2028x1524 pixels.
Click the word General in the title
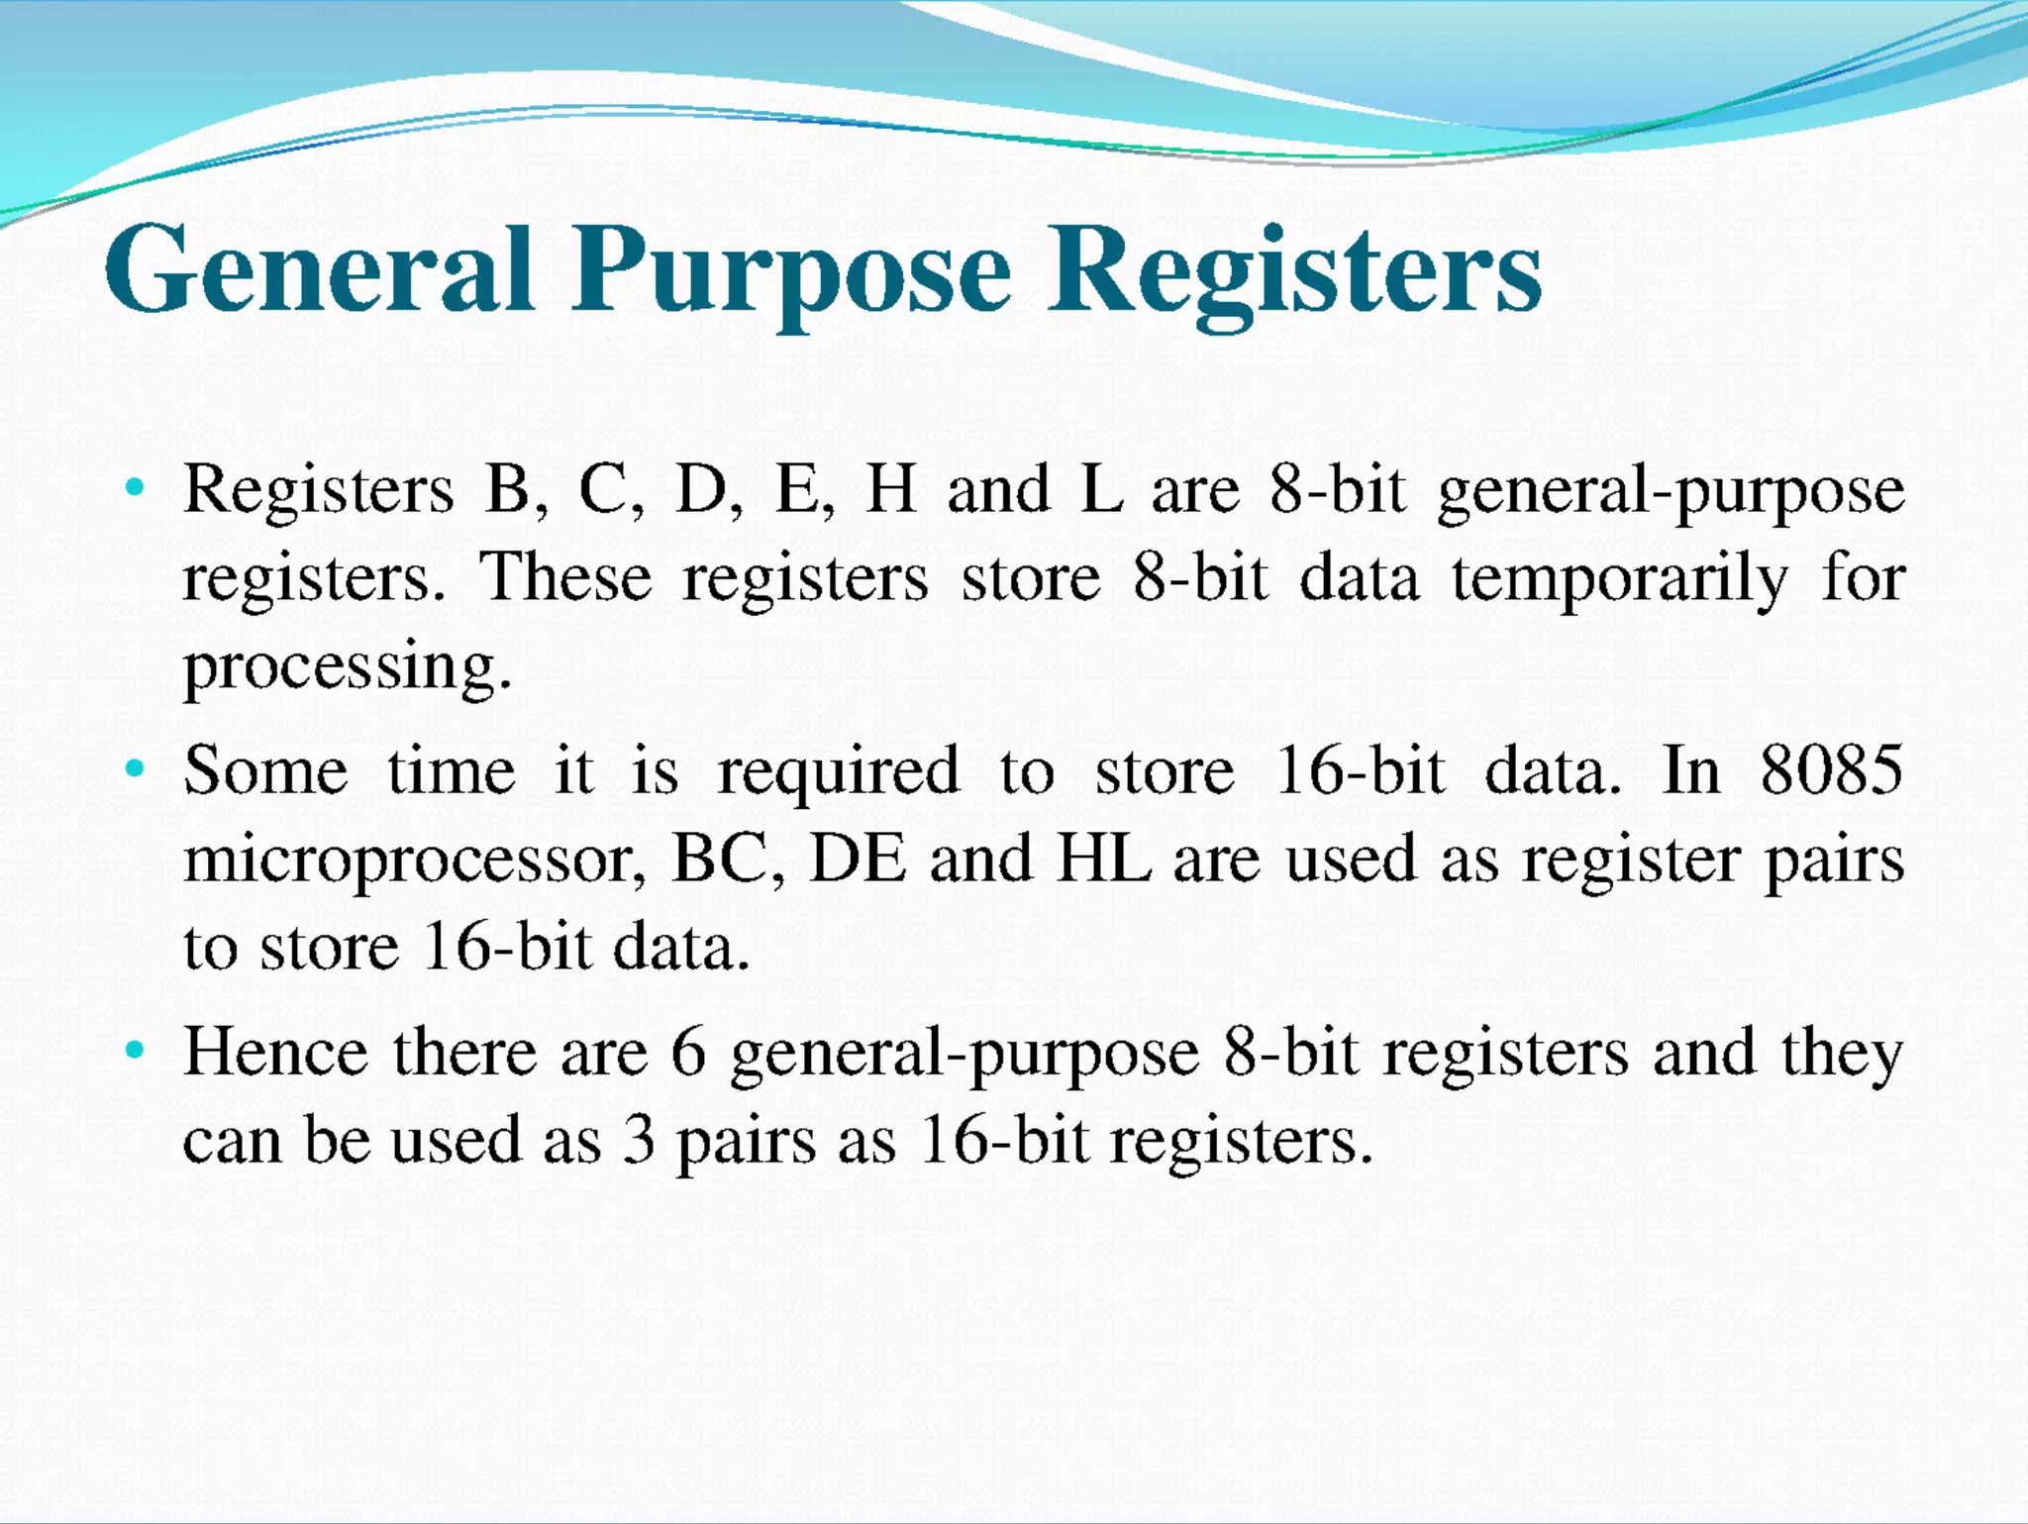pos(319,269)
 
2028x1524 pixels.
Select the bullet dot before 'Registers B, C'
pos(136,487)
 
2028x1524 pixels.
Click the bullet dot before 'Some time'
pos(136,768)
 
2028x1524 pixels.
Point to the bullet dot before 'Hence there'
pos(136,1050)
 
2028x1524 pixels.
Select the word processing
pos(347,667)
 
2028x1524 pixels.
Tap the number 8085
pos(1831,769)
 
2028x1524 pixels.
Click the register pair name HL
pos(1104,859)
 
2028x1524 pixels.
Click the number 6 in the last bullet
pos(688,1052)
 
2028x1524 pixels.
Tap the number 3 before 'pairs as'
pos(639,1140)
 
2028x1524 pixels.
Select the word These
pos(566,577)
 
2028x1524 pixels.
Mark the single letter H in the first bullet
pos(890,489)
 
